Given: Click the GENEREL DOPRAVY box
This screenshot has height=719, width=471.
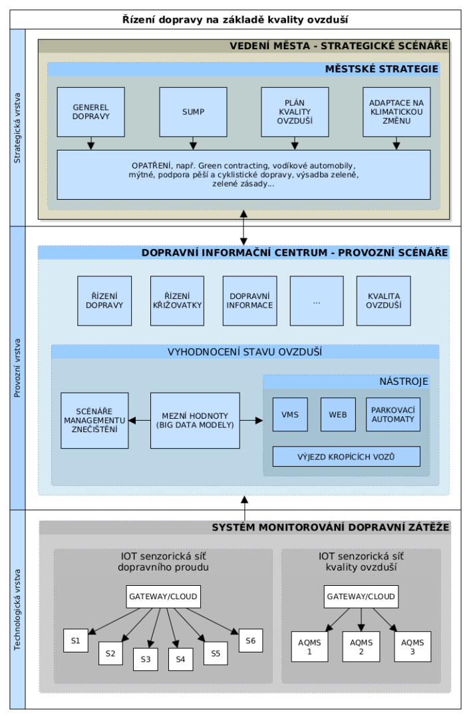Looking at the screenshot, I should click(91, 112).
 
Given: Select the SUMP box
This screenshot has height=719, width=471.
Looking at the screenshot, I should click(193, 112).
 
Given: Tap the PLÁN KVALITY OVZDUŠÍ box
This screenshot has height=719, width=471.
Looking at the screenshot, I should click(295, 112).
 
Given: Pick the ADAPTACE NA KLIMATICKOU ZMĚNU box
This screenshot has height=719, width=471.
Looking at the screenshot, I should click(396, 112).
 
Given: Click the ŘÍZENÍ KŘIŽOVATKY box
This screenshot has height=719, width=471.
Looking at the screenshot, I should click(178, 300).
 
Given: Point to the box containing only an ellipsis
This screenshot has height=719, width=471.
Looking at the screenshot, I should click(317, 300).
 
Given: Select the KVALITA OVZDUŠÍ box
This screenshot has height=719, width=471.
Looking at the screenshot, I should click(383, 300).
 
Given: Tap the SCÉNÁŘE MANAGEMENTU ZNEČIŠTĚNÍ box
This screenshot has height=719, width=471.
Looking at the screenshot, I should click(94, 420).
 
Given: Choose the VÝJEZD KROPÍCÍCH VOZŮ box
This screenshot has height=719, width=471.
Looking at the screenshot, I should click(346, 456).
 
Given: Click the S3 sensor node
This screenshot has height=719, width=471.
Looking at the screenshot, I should click(146, 658).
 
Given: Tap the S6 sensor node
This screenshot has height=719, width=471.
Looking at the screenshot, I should click(251, 640).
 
